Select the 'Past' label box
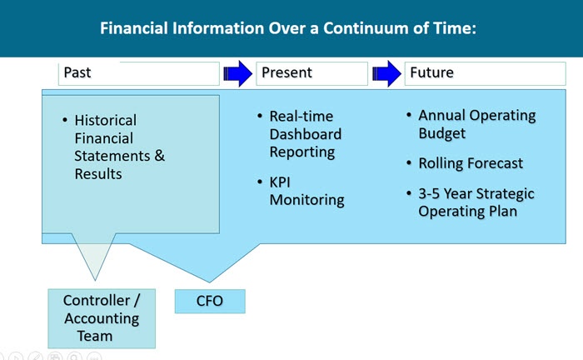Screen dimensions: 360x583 point(138,73)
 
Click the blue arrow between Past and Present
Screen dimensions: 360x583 point(237,73)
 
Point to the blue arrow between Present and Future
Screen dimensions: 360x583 point(386,73)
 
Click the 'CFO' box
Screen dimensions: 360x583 point(209,301)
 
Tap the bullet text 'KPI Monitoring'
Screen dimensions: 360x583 point(306,191)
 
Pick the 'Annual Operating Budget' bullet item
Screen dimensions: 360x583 point(476,124)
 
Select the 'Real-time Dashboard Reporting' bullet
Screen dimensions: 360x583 point(305,133)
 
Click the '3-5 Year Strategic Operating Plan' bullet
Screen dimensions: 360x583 point(476,202)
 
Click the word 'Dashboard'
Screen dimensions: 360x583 point(305,134)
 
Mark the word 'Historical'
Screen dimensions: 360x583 point(105,121)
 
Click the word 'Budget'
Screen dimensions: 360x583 point(441,133)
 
